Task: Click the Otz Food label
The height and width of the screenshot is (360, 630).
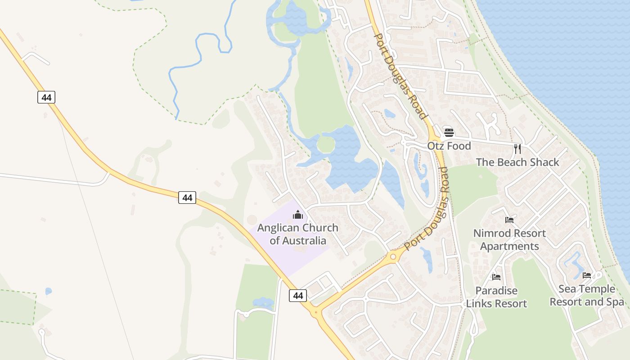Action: tap(449, 146)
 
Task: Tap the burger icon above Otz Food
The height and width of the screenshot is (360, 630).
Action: tap(449, 132)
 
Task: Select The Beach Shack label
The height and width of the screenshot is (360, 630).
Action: tap(517, 162)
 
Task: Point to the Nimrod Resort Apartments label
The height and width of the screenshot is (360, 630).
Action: tap(509, 240)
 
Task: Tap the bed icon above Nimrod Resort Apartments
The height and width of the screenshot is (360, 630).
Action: tap(509, 220)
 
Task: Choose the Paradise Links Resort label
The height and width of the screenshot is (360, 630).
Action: tap(496, 297)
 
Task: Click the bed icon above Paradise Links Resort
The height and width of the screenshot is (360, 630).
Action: tap(496, 277)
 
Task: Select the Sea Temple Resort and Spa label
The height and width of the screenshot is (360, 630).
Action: tap(587, 295)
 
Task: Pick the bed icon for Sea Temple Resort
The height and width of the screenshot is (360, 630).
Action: tap(587, 275)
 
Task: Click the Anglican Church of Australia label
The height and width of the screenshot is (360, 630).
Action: tap(297, 234)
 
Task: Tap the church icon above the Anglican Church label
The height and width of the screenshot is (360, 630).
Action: tap(297, 214)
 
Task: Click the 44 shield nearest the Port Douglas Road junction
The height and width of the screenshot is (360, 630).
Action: tap(297, 295)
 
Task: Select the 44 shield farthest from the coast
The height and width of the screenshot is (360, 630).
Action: tap(46, 97)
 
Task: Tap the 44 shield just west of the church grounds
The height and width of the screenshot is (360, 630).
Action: tap(187, 197)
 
